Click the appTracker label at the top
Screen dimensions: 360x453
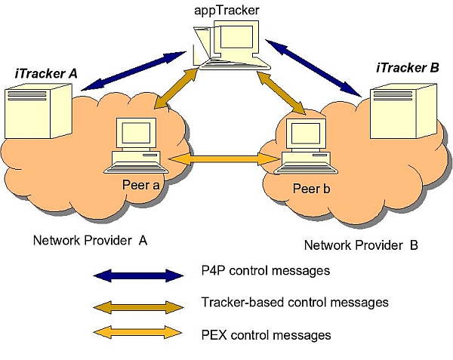(x=225, y=11)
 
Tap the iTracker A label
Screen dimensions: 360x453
(x=45, y=75)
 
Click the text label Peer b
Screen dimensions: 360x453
(x=310, y=189)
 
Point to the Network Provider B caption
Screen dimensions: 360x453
(x=361, y=245)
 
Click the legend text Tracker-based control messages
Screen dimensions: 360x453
(x=295, y=302)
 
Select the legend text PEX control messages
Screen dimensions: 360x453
(x=266, y=334)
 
